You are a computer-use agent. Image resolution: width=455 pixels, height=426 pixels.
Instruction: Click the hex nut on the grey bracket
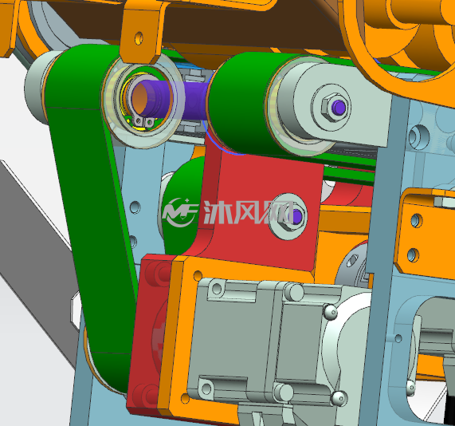334,108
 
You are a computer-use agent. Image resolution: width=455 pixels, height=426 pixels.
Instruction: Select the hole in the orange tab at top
139,38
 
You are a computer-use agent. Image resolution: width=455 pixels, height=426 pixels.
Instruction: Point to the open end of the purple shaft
141,97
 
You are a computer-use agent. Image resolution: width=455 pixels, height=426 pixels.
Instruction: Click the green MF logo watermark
180,212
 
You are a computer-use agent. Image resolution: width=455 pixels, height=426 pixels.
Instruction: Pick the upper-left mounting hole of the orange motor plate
198,275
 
